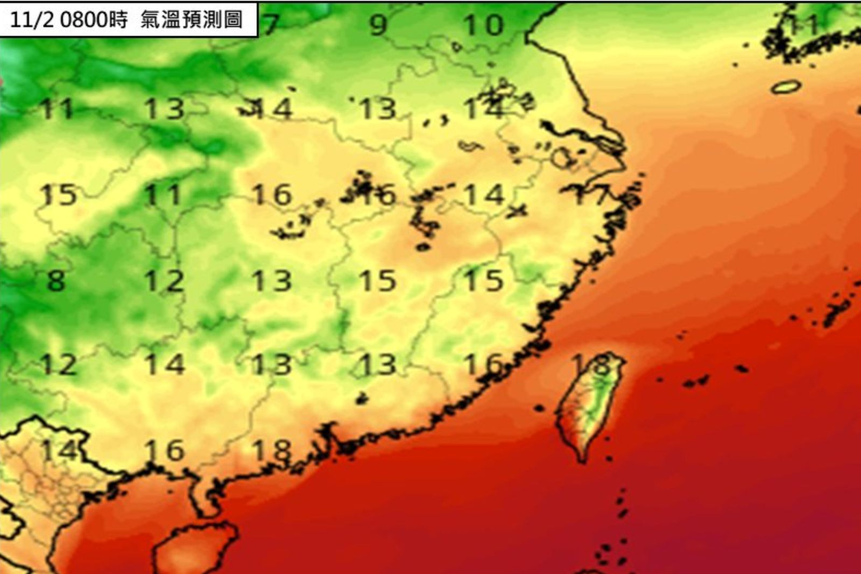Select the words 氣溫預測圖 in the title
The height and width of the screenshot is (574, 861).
pyautogui.click(x=191, y=20)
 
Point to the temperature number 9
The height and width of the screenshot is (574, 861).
pyautogui.click(x=378, y=25)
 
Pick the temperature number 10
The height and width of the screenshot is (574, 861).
pyautogui.click(x=484, y=25)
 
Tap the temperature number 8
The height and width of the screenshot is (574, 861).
pyautogui.click(x=56, y=281)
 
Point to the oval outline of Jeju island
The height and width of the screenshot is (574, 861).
pyautogui.click(x=786, y=86)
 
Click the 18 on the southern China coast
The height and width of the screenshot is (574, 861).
pyautogui.click(x=272, y=450)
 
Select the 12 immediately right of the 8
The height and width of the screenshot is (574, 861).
pyautogui.click(x=165, y=281)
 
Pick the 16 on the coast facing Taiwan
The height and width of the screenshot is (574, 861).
pyautogui.click(x=483, y=365)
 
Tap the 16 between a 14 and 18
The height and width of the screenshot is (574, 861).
pyautogui.click(x=165, y=450)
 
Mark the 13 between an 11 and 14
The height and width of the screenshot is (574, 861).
pyautogui.click(x=165, y=109)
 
